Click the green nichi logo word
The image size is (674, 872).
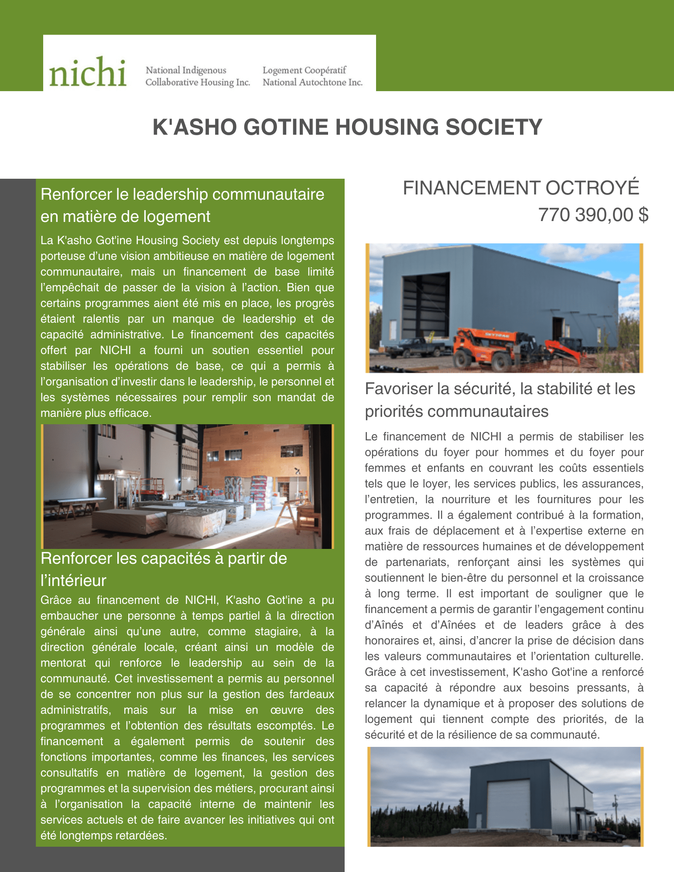(x=88, y=72)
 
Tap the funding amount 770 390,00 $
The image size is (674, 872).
(x=593, y=215)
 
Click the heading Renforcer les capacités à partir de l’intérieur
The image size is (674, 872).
(x=164, y=569)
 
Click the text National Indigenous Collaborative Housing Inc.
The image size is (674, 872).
(x=197, y=76)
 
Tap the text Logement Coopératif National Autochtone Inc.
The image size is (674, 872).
(x=312, y=76)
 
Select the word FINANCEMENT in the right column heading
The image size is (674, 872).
(x=471, y=188)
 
